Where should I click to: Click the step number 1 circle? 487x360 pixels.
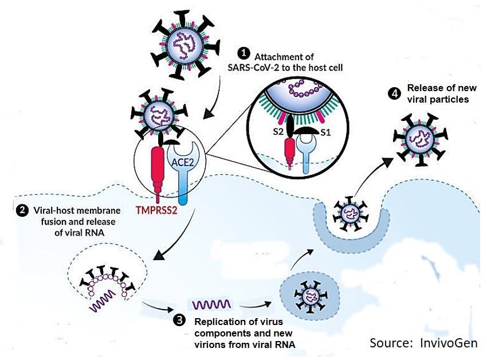(245, 53)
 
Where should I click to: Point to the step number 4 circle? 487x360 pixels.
(394, 92)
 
